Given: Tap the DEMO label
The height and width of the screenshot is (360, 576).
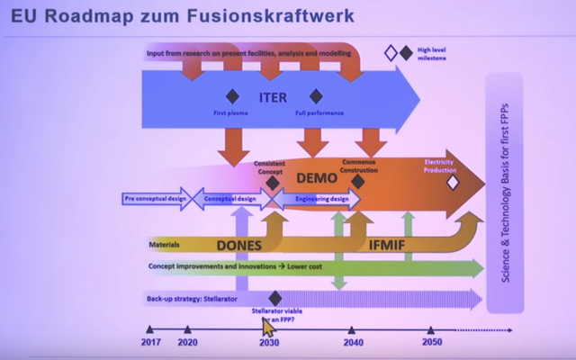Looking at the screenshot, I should (316, 178).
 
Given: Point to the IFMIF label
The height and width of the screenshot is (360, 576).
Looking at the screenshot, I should (391, 243).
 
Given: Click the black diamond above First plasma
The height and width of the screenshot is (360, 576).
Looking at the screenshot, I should (231, 96).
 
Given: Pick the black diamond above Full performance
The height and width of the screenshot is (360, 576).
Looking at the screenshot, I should (316, 96).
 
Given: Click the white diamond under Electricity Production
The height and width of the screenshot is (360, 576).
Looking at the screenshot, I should (453, 182).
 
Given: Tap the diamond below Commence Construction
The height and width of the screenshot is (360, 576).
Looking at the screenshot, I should (357, 181).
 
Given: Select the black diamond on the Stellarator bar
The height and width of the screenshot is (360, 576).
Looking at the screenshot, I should (275, 298).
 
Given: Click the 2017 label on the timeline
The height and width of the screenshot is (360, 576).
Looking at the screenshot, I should (149, 343).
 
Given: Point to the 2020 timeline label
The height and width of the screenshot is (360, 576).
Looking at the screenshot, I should (187, 343).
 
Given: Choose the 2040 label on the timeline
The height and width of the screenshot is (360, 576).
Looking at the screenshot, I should (352, 343).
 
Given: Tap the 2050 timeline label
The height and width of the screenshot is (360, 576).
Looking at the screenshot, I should (433, 343).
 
